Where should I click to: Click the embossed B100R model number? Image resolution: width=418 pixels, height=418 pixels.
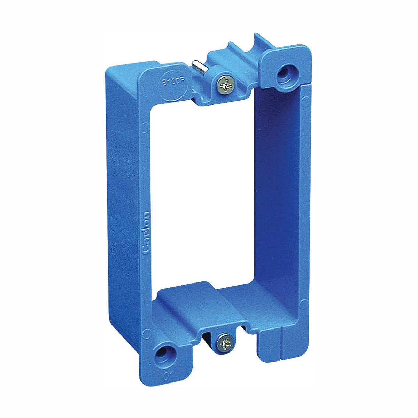[x=171, y=84]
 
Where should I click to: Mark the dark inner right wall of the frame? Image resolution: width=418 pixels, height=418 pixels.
[x=275, y=195]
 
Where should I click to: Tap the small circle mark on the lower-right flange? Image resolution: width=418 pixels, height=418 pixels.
[x=303, y=302]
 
